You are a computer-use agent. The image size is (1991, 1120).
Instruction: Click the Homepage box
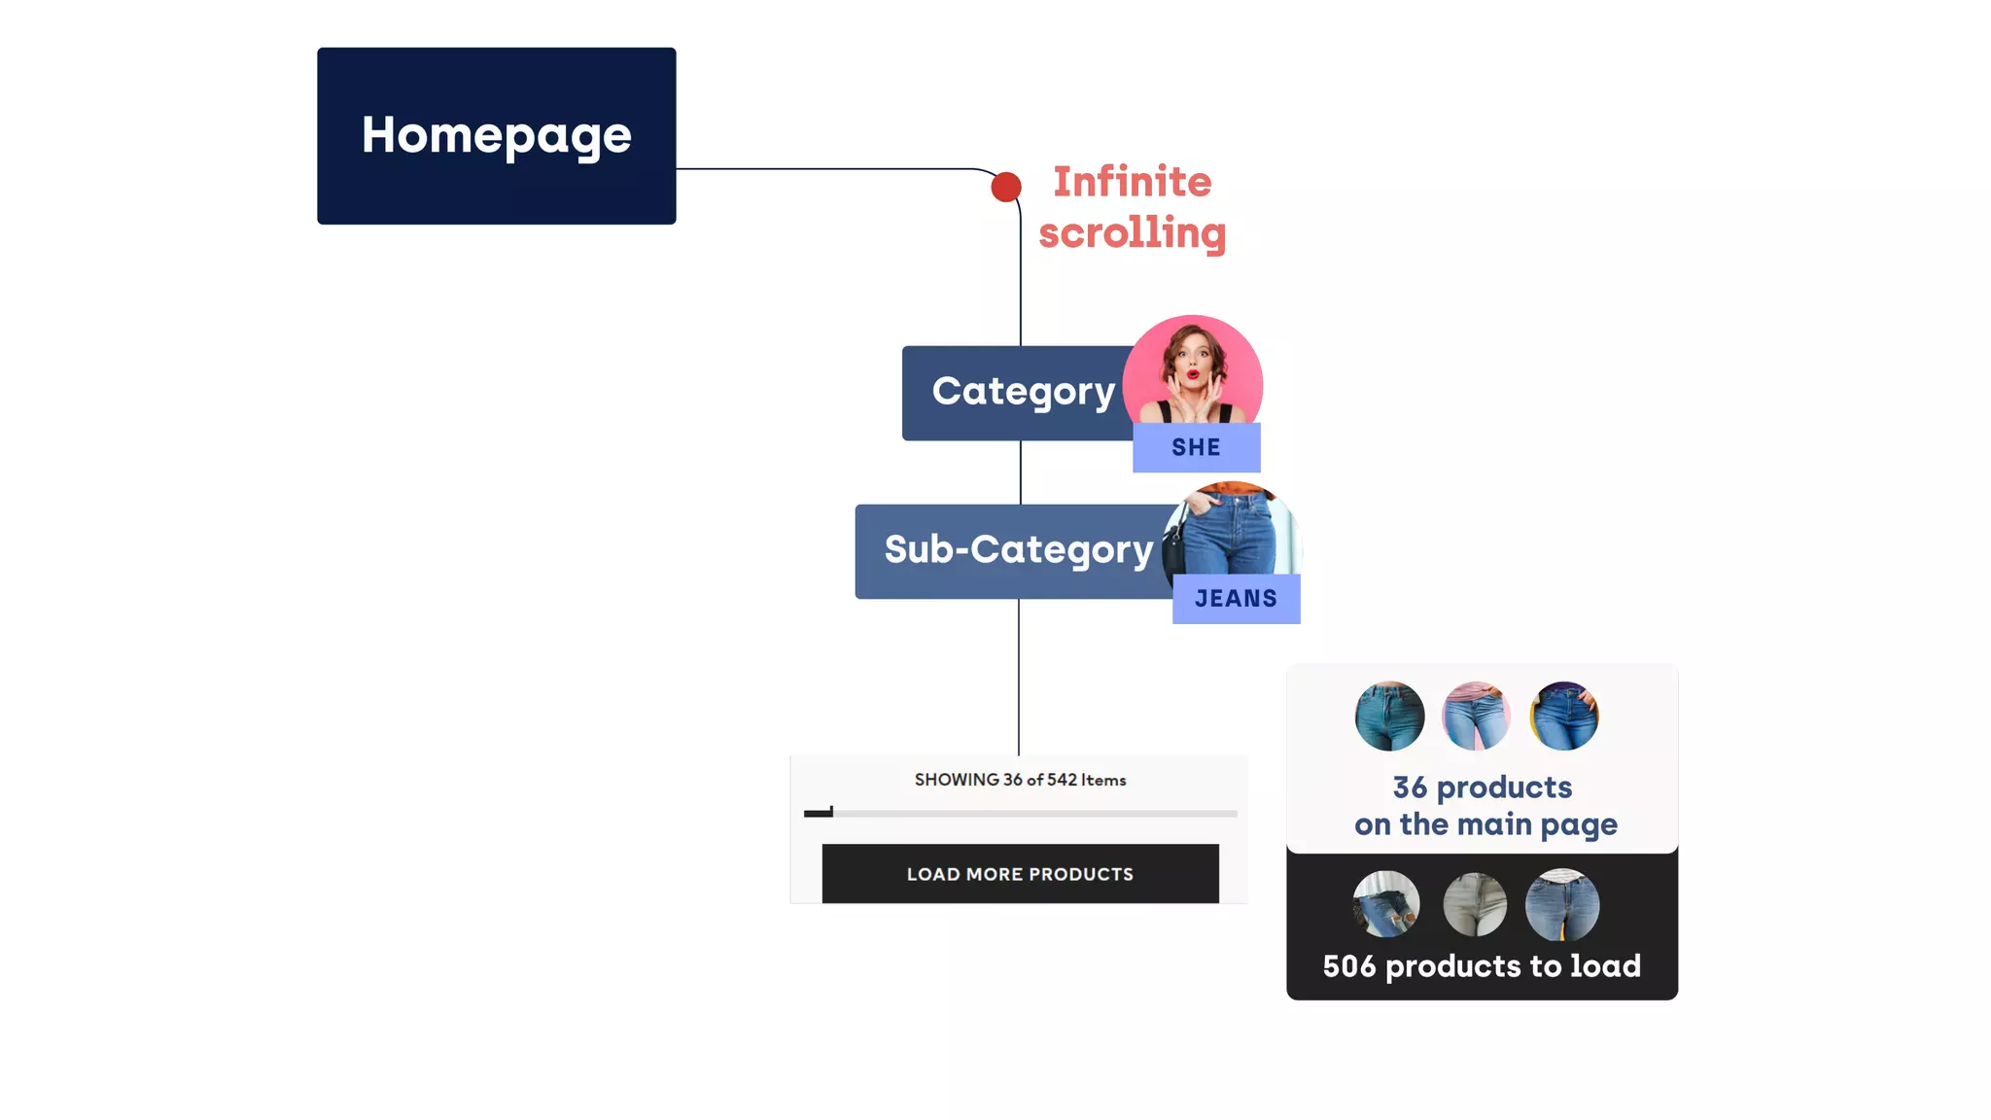(x=496, y=136)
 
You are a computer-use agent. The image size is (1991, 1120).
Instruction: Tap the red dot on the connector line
(x=1006, y=187)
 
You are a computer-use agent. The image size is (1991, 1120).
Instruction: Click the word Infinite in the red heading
(x=1132, y=182)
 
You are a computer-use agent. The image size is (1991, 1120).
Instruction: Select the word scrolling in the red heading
(x=1132, y=233)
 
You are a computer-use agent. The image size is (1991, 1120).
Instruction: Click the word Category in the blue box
(x=1023, y=392)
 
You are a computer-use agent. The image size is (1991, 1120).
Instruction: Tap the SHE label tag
(x=1196, y=447)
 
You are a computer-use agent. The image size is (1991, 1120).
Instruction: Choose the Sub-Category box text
(x=1018, y=550)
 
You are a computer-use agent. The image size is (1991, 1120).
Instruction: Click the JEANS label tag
(x=1236, y=599)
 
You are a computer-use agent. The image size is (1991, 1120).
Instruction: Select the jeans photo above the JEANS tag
(x=1233, y=533)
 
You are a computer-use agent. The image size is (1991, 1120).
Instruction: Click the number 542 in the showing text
(x=1062, y=780)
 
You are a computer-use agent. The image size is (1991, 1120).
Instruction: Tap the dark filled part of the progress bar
(x=818, y=813)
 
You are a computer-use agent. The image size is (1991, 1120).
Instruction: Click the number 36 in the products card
(x=1410, y=787)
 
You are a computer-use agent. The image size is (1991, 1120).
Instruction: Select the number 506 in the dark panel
(x=1349, y=966)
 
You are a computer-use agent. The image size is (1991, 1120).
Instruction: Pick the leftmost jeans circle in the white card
(x=1389, y=717)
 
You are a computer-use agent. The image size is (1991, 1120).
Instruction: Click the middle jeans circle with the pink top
(x=1476, y=717)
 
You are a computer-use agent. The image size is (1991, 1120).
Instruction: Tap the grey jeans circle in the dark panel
(x=1475, y=905)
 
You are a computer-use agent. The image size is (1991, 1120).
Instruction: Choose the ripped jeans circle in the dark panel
(x=1386, y=905)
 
